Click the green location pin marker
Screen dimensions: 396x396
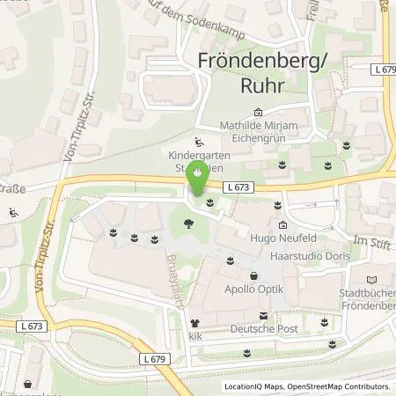tap(198, 178)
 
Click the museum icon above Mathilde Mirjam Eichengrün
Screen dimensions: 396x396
tap(258, 113)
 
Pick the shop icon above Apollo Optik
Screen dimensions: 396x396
tap(253, 275)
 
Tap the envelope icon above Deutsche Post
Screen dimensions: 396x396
tap(261, 314)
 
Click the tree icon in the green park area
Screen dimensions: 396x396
tap(188, 224)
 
